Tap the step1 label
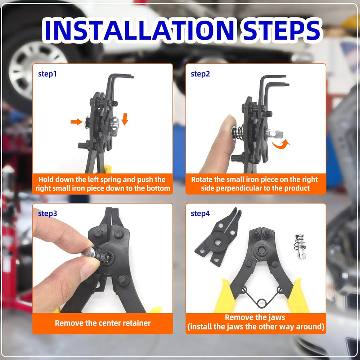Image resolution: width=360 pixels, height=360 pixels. point(48,74)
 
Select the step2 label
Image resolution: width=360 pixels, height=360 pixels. point(200,74)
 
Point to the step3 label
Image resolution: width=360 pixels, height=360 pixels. point(48,213)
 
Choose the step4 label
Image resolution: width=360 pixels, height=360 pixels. point(200,213)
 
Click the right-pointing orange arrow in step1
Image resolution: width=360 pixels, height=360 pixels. point(76,122)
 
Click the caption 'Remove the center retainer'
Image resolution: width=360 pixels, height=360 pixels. point(103,323)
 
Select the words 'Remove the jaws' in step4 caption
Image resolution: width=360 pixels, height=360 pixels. point(255,317)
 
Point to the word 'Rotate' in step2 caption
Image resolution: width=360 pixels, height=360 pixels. point(202,179)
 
